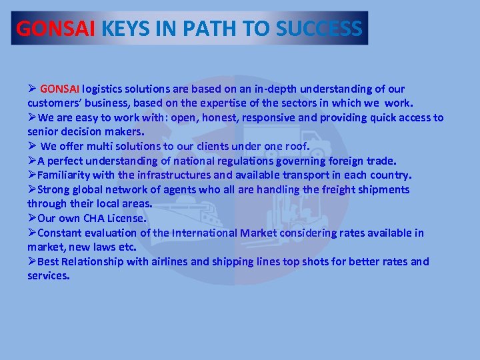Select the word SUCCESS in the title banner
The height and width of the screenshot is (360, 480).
[x=319, y=29]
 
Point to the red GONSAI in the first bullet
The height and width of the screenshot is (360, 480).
[x=60, y=89]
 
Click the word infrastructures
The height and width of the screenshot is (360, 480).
[x=182, y=175]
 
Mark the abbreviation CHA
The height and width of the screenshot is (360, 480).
[x=99, y=219]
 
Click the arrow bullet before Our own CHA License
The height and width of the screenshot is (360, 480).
[x=32, y=219]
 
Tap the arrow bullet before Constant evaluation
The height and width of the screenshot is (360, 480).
[x=32, y=233]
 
